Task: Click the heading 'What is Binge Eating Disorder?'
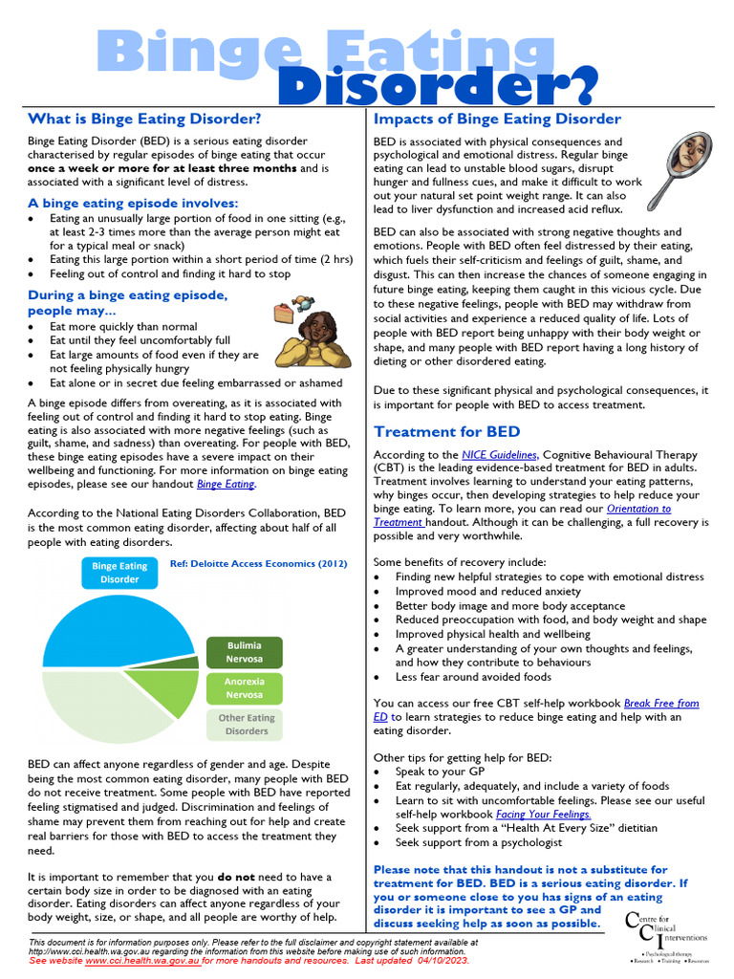pos(144,120)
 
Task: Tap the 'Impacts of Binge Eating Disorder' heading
pos(497,120)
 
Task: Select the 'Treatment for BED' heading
pos(447,431)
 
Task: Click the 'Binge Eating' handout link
pos(226,485)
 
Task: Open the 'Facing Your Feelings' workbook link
pos(541,815)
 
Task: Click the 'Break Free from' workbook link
pos(661,703)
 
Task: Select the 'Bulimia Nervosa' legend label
pos(245,652)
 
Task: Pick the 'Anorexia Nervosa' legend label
pos(245,688)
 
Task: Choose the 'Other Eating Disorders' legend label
pos(246,724)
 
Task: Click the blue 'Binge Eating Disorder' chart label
pos(119,573)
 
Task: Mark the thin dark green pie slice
pos(190,662)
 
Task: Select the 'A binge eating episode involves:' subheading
pos(133,203)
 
